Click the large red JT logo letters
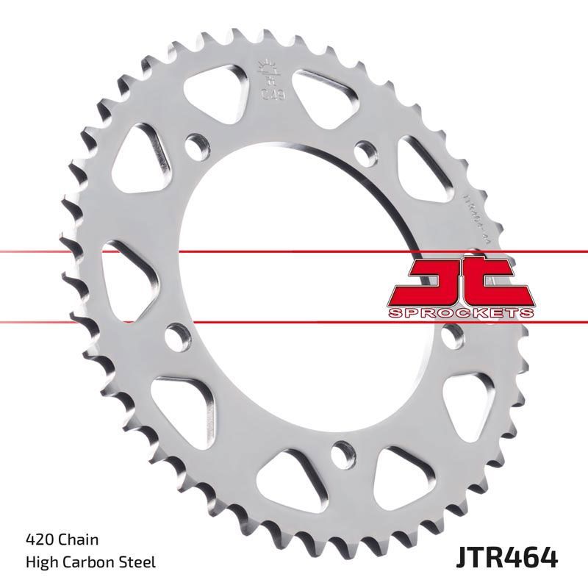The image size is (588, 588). [459, 283]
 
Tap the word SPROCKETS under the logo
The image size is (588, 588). [459, 313]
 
